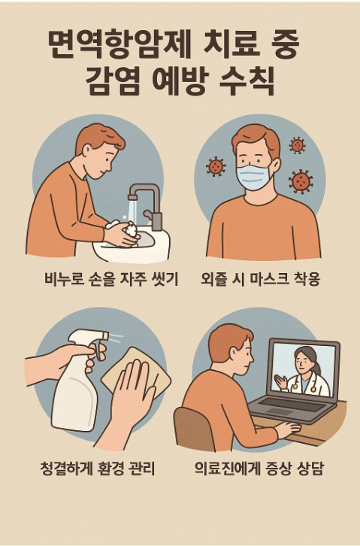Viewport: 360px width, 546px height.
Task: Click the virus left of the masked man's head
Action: [x=216, y=166]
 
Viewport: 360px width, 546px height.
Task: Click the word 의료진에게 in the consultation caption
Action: [x=230, y=470]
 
